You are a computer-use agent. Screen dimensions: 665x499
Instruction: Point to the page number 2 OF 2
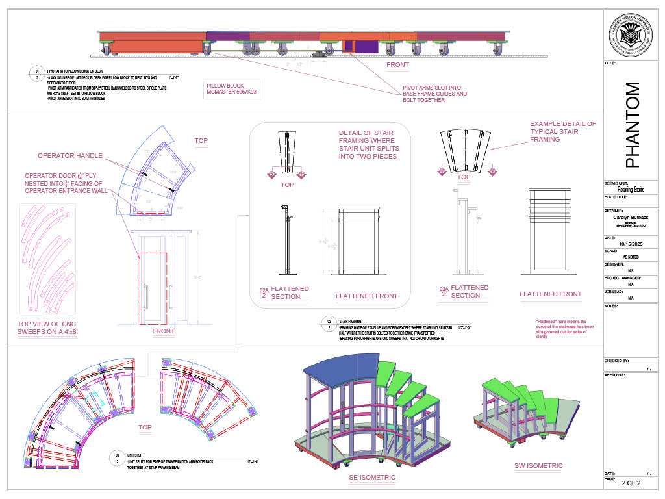[631, 483]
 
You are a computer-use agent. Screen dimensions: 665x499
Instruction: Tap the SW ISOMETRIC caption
[538, 465]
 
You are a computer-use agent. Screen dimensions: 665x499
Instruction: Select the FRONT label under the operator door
[164, 331]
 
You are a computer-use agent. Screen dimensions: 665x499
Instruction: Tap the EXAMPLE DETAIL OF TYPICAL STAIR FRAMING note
[562, 131]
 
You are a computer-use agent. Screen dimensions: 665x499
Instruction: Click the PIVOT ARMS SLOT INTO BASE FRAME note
[434, 94]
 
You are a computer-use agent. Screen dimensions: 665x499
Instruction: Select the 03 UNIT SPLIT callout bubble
[118, 457]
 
